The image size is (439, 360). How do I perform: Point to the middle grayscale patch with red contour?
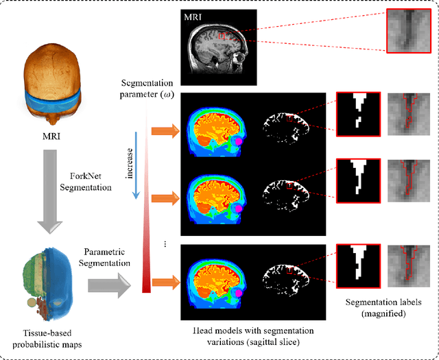pyautogui.click(x=410, y=181)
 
